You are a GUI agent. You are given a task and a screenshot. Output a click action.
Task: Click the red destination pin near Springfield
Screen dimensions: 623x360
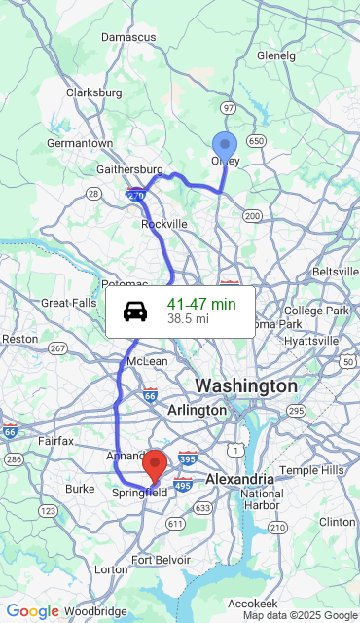click(x=155, y=465)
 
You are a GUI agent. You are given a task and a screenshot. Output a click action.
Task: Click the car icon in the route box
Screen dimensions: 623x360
click(x=136, y=311)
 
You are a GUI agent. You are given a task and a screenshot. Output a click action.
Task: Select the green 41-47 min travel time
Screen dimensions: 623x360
click(x=201, y=304)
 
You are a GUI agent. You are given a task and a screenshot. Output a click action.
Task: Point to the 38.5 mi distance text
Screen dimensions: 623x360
click(x=188, y=318)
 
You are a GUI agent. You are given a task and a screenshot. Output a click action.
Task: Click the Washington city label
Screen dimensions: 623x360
click(x=246, y=386)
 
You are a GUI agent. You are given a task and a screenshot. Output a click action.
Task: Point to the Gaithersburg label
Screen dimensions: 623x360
click(x=129, y=169)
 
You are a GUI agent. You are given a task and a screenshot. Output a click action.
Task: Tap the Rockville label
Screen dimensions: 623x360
click(x=164, y=224)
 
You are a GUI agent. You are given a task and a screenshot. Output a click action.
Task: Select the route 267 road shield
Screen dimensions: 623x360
click(x=57, y=348)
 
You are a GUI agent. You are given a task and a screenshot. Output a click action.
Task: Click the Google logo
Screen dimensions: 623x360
click(x=32, y=611)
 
